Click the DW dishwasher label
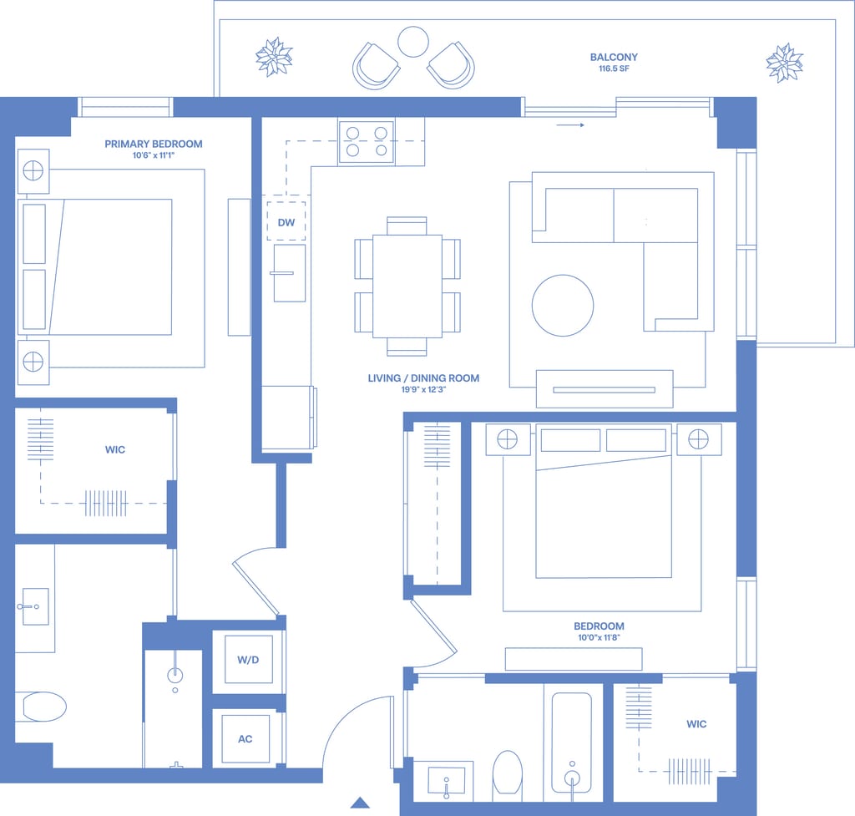pos(286,222)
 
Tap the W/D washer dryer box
pos(249,660)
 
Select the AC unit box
pos(245,739)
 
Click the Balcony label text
pos(614,57)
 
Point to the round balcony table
pos(412,42)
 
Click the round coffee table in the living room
pos(562,306)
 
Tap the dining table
pos(407,286)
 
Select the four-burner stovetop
pos(367,141)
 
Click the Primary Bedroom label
pos(154,144)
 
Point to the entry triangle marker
pos(360,803)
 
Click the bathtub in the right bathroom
pos(571,743)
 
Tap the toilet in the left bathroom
pos(44,707)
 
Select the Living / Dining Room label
pos(423,378)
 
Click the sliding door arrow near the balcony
pos(570,125)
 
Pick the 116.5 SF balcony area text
pos(614,68)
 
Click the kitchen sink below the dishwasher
pos(289,273)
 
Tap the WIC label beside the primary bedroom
pos(115,449)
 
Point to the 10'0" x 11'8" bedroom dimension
pos(599,637)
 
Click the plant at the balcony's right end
pos(785,63)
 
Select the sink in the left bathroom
pos(35,606)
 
